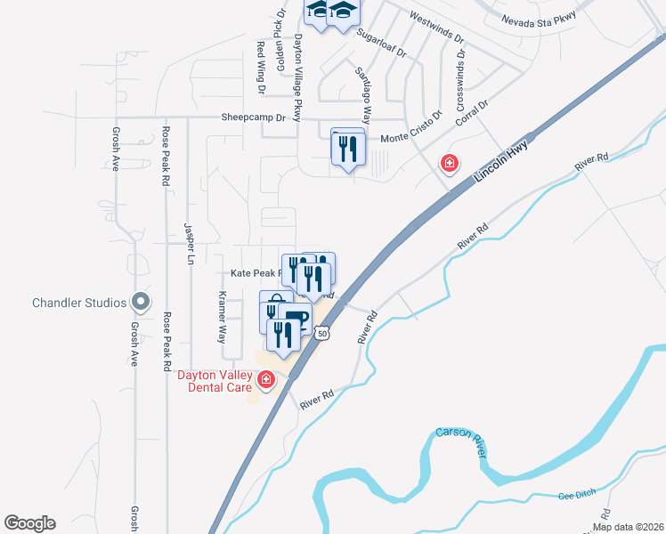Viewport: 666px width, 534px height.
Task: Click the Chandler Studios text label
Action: [x=78, y=303]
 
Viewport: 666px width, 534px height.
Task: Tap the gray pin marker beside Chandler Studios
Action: [x=140, y=303]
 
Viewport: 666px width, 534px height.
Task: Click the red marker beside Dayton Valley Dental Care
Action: [x=265, y=381]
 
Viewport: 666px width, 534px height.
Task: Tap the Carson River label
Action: [x=461, y=442]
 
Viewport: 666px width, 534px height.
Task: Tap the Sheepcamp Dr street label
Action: [x=253, y=117]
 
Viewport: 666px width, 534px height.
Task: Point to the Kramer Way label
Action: [x=222, y=316]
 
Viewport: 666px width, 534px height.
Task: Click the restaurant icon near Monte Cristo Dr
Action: [x=348, y=147]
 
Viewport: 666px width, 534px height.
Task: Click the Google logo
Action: [x=29, y=523]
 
